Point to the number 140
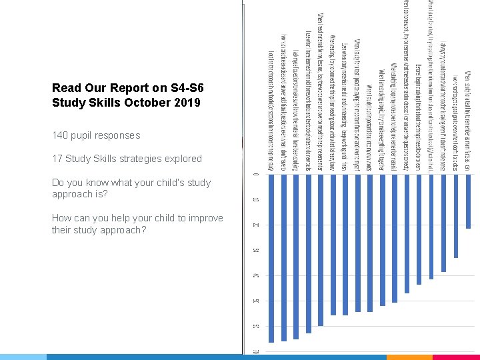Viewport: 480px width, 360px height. pyautogui.click(x=61, y=135)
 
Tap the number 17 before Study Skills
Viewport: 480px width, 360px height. pyautogui.click(x=57, y=159)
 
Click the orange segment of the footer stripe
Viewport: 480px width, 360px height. pyautogui.click(x=409, y=357)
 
